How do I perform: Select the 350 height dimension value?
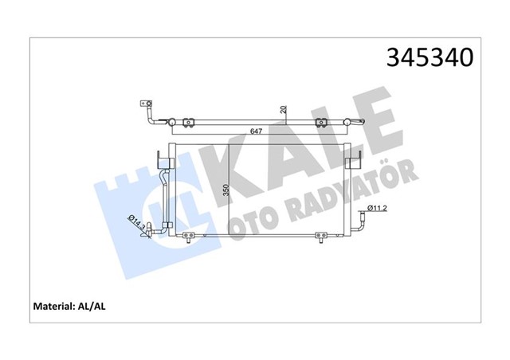(x=226, y=191)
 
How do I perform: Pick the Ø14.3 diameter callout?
(x=137, y=224)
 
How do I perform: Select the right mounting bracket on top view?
(x=322, y=122)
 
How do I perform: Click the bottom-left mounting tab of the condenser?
(x=189, y=236)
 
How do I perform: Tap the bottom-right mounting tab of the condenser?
(x=321, y=236)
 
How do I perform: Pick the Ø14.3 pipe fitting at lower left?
(x=148, y=233)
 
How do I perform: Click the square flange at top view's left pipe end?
(x=145, y=104)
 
